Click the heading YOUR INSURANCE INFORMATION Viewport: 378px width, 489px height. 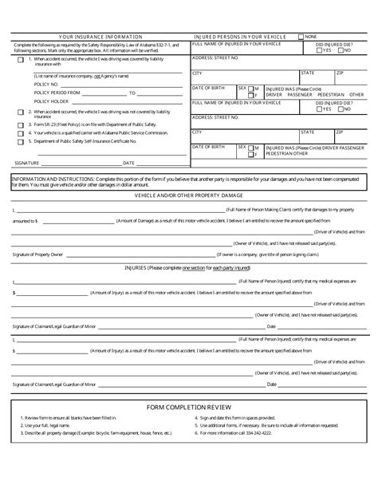[x=100, y=37]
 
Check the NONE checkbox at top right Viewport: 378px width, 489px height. [x=301, y=37]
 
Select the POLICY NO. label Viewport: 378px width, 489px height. [x=47, y=83]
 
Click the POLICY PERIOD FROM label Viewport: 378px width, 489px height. [x=58, y=93]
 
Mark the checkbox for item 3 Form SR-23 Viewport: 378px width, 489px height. [x=20, y=124]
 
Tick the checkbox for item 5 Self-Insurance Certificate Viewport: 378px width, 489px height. [x=20, y=142]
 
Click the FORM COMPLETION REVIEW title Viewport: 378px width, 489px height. [x=188, y=408]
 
